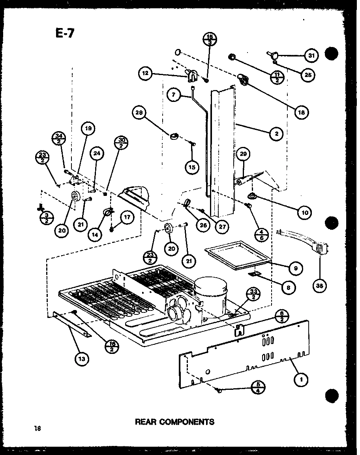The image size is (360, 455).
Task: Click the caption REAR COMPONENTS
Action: tap(174, 421)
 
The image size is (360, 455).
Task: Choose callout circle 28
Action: tap(139, 113)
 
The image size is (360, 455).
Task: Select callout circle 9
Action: tap(296, 269)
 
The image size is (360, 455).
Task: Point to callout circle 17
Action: tap(127, 217)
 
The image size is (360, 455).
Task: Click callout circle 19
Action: tap(88, 128)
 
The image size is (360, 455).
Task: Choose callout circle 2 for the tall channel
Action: tap(277, 134)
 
